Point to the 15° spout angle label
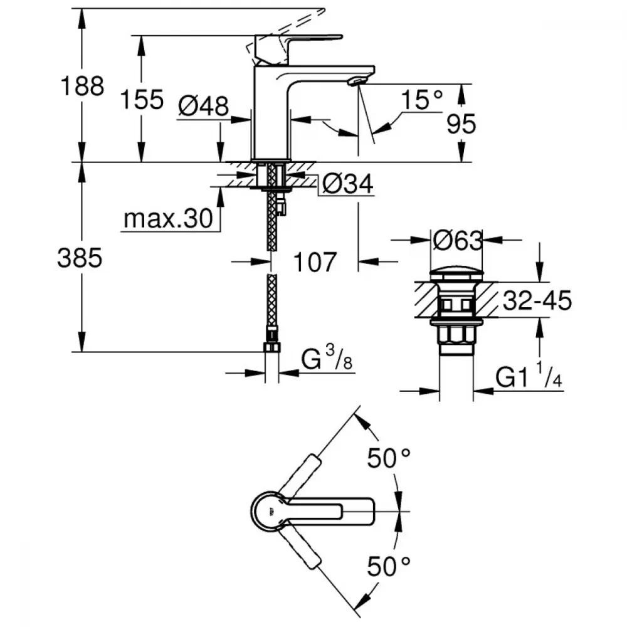tap(421, 99)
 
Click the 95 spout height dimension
tap(461, 125)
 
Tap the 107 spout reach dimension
tap(315, 261)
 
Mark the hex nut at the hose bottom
tap(271, 348)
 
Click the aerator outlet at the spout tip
tap(357, 82)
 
